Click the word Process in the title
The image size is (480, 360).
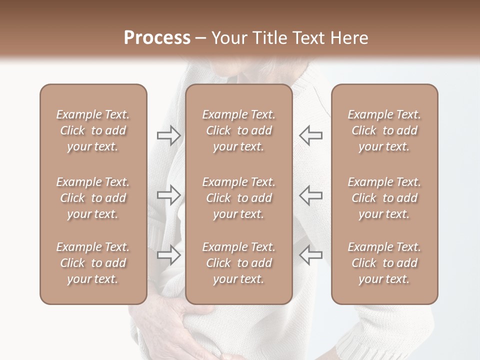click(x=157, y=38)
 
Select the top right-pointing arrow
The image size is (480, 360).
click(x=168, y=135)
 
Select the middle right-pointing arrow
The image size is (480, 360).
click(x=168, y=195)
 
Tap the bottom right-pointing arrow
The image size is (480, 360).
click(x=168, y=255)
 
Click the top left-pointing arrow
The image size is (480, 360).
click(x=310, y=135)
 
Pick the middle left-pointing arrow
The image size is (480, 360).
click(x=310, y=195)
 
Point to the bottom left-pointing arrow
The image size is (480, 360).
click(x=310, y=255)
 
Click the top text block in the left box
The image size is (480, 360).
click(x=93, y=130)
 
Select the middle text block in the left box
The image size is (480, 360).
click(x=93, y=198)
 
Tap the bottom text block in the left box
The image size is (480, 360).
click(x=93, y=263)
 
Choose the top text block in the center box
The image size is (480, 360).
click(x=239, y=130)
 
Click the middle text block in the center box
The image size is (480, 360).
click(x=239, y=198)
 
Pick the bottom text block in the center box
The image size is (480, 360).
click(x=239, y=263)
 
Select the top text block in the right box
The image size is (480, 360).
click(x=384, y=130)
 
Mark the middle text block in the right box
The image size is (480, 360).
click(x=384, y=198)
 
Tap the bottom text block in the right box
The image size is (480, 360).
click(x=384, y=263)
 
